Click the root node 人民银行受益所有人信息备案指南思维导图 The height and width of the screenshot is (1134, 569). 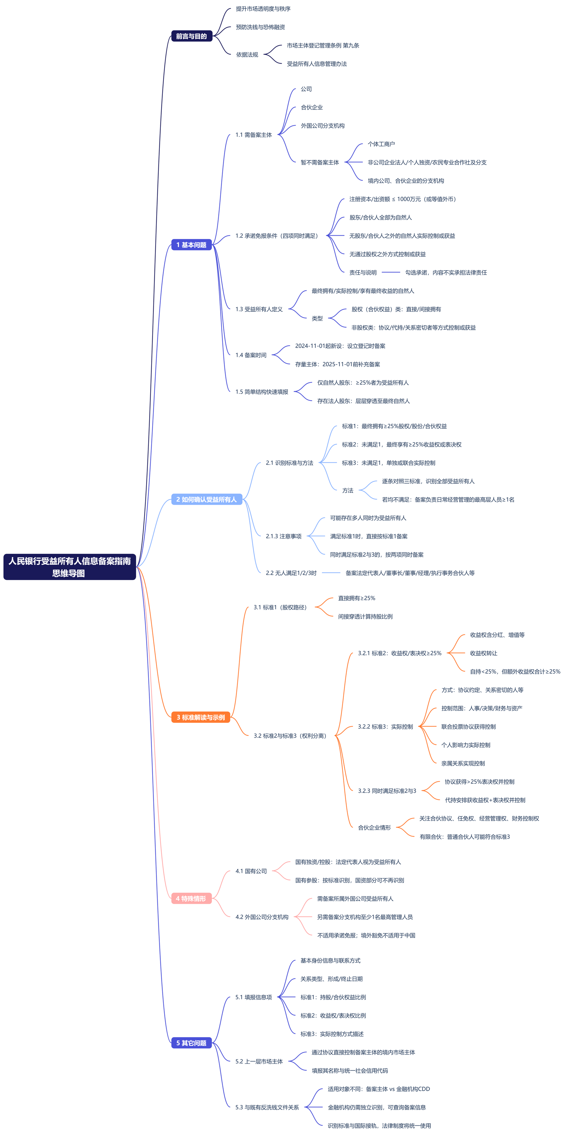click(70, 567)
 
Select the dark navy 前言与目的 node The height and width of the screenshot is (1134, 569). click(191, 36)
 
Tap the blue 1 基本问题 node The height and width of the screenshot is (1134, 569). click(191, 245)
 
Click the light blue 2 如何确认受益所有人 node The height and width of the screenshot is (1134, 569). click(206, 499)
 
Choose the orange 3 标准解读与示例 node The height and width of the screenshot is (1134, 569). click(201, 717)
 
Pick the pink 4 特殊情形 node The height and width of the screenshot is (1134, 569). click(191, 898)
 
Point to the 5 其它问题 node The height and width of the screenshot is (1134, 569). click(191, 1043)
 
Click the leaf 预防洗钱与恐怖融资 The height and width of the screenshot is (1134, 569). click(260, 27)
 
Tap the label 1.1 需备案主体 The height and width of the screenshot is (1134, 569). click(254, 135)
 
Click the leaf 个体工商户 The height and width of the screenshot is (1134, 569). click(381, 144)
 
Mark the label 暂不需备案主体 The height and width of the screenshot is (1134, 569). click(320, 162)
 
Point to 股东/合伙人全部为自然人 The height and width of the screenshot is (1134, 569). click(381, 218)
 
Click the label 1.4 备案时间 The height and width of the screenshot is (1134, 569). click(251, 355)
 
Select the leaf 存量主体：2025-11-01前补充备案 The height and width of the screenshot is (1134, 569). click(338, 364)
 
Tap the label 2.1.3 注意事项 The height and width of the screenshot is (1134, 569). click(284, 536)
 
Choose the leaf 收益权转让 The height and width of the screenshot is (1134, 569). click(484, 653)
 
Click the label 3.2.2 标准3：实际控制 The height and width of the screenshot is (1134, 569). click(385, 726)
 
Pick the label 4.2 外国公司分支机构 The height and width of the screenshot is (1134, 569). click(262, 917)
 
